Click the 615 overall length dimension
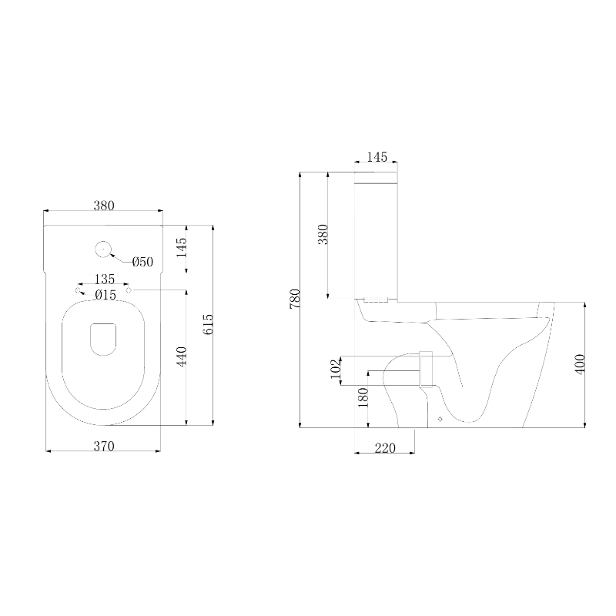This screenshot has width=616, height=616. pyautogui.click(x=209, y=324)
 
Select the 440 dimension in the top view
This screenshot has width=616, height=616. pyautogui.click(x=182, y=357)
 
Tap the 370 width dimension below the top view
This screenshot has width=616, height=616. pyautogui.click(x=104, y=447)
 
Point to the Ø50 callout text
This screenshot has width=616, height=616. pyautogui.click(x=142, y=262)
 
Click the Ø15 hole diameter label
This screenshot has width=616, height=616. pyautogui.click(x=105, y=295)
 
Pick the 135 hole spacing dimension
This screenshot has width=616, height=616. pyautogui.click(x=105, y=279)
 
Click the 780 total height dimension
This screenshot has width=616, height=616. pyautogui.click(x=295, y=299)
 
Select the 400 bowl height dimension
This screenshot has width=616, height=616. pyautogui.click(x=581, y=364)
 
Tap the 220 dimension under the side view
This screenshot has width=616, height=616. pyautogui.click(x=385, y=448)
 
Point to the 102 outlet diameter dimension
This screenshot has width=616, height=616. pyautogui.click(x=336, y=369)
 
